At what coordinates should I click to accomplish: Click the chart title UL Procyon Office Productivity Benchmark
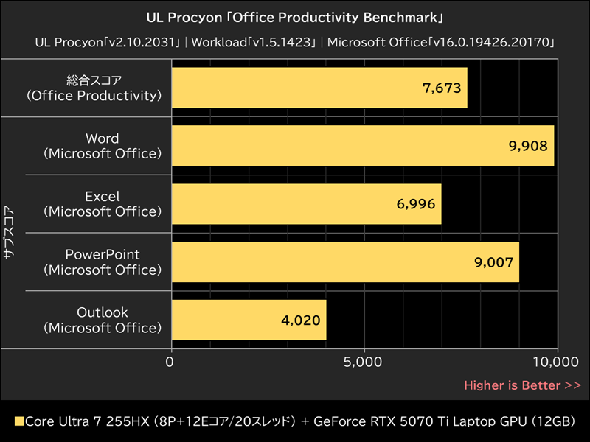pos(295,16)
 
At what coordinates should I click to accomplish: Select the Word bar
pos(362,146)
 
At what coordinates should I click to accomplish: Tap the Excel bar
pos(306,204)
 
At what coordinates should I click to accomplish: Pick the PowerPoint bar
pos(345,262)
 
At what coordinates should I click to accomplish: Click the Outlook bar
pos(249,320)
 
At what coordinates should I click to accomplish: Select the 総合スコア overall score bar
pos(319,88)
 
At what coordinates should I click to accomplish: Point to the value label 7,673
pos(441,88)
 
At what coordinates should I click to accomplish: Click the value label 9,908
pos(528,146)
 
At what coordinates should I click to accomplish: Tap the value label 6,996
pos(415,204)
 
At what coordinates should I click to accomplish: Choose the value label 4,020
pos(300,320)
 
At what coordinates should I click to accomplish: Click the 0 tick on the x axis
pos(171,362)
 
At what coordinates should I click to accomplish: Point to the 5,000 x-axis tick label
pos(364,362)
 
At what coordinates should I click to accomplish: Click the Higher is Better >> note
pos(522,385)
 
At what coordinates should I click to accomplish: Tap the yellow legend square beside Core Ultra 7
pos(19,422)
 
